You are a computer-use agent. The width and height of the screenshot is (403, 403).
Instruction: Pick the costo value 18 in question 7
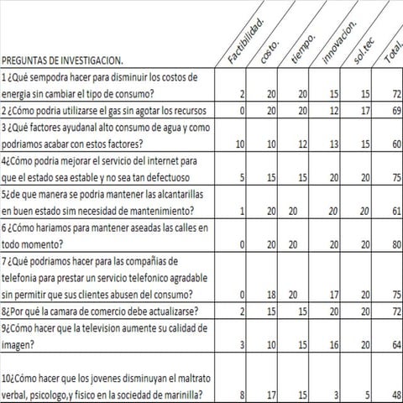coord(271,295)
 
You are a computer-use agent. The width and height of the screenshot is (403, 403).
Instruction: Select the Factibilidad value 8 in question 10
coord(241,395)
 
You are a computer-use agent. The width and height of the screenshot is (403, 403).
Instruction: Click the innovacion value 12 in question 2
coord(333,110)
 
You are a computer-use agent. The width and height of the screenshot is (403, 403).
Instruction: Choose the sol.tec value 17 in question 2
coord(364,110)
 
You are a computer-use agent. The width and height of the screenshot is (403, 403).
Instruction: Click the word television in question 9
coord(110,328)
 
